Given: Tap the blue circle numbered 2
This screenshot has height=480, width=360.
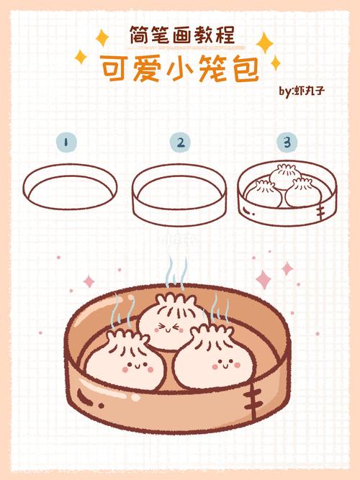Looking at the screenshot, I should [180, 142].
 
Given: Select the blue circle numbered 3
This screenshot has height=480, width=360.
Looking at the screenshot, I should [287, 142].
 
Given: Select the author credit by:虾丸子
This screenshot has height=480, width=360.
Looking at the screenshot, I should [303, 91].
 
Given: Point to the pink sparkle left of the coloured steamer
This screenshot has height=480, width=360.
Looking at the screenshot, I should [89, 281].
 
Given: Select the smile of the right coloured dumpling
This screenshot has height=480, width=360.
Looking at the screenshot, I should [227, 366].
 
